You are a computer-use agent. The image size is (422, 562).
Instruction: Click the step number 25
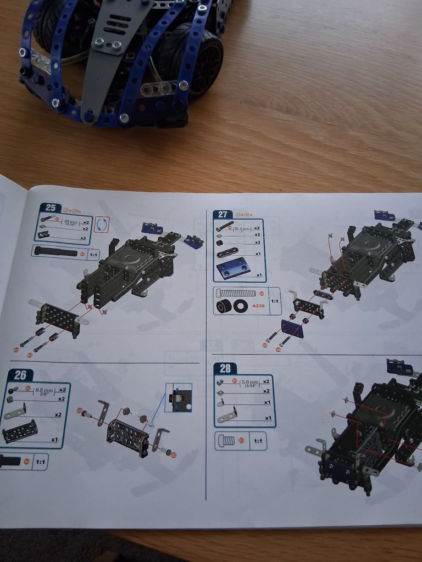point(51,207)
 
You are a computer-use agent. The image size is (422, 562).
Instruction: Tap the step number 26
point(20,375)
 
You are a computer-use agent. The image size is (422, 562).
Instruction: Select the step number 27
point(223,215)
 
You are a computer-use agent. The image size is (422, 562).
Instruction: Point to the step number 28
point(225,369)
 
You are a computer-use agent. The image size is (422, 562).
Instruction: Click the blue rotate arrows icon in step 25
point(102,224)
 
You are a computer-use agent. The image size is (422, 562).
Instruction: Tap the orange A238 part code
point(258,306)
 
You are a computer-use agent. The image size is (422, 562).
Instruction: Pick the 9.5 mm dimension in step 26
point(43,392)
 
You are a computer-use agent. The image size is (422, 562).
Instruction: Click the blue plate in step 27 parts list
point(233,269)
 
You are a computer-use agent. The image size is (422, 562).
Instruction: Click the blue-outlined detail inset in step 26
point(179,398)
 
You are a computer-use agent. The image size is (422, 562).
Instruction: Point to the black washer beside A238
point(240,306)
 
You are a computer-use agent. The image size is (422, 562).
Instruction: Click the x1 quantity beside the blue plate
point(258,274)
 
